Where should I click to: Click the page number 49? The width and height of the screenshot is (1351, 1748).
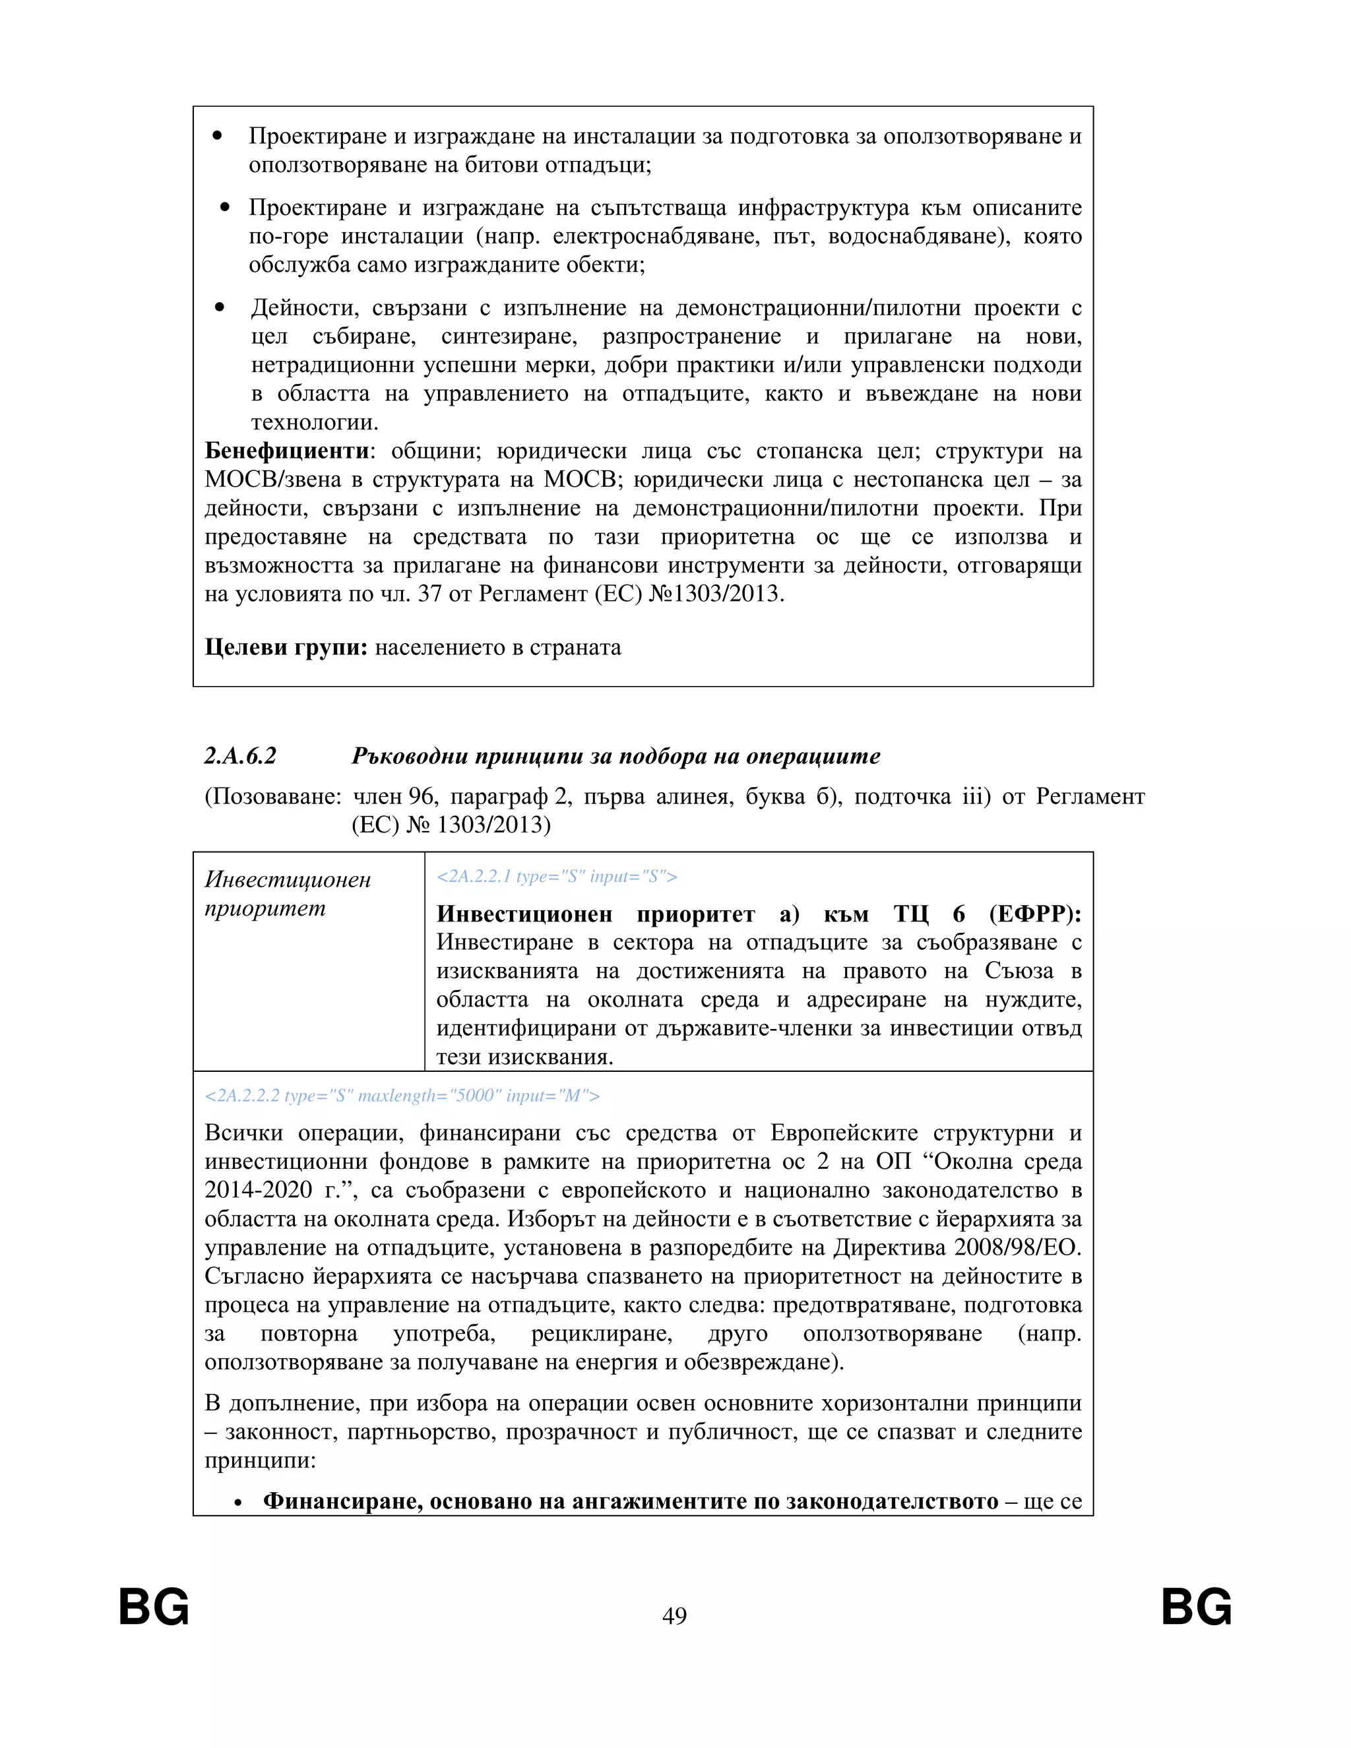click(x=674, y=1615)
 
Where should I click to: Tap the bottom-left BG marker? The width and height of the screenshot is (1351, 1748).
click(x=154, y=1606)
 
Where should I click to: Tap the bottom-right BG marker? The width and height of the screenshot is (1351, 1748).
click(x=1196, y=1606)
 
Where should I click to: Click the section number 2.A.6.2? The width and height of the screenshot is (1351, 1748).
click(x=240, y=755)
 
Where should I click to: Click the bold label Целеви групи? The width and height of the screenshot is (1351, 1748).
click(x=286, y=646)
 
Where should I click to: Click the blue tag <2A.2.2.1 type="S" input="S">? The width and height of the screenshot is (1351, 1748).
click(x=557, y=877)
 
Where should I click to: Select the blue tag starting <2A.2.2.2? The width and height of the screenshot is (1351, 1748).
click(x=402, y=1096)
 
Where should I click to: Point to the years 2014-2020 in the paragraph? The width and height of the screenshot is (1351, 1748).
click(x=258, y=1189)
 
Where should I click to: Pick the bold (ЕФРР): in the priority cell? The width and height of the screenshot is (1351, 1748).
click(x=1035, y=914)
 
